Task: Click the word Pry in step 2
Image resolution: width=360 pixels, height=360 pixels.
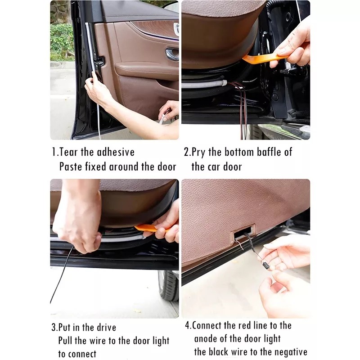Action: tap(198, 152)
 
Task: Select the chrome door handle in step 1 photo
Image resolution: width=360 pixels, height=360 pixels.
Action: tap(172, 54)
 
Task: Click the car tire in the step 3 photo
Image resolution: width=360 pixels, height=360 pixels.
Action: tap(167, 285)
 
